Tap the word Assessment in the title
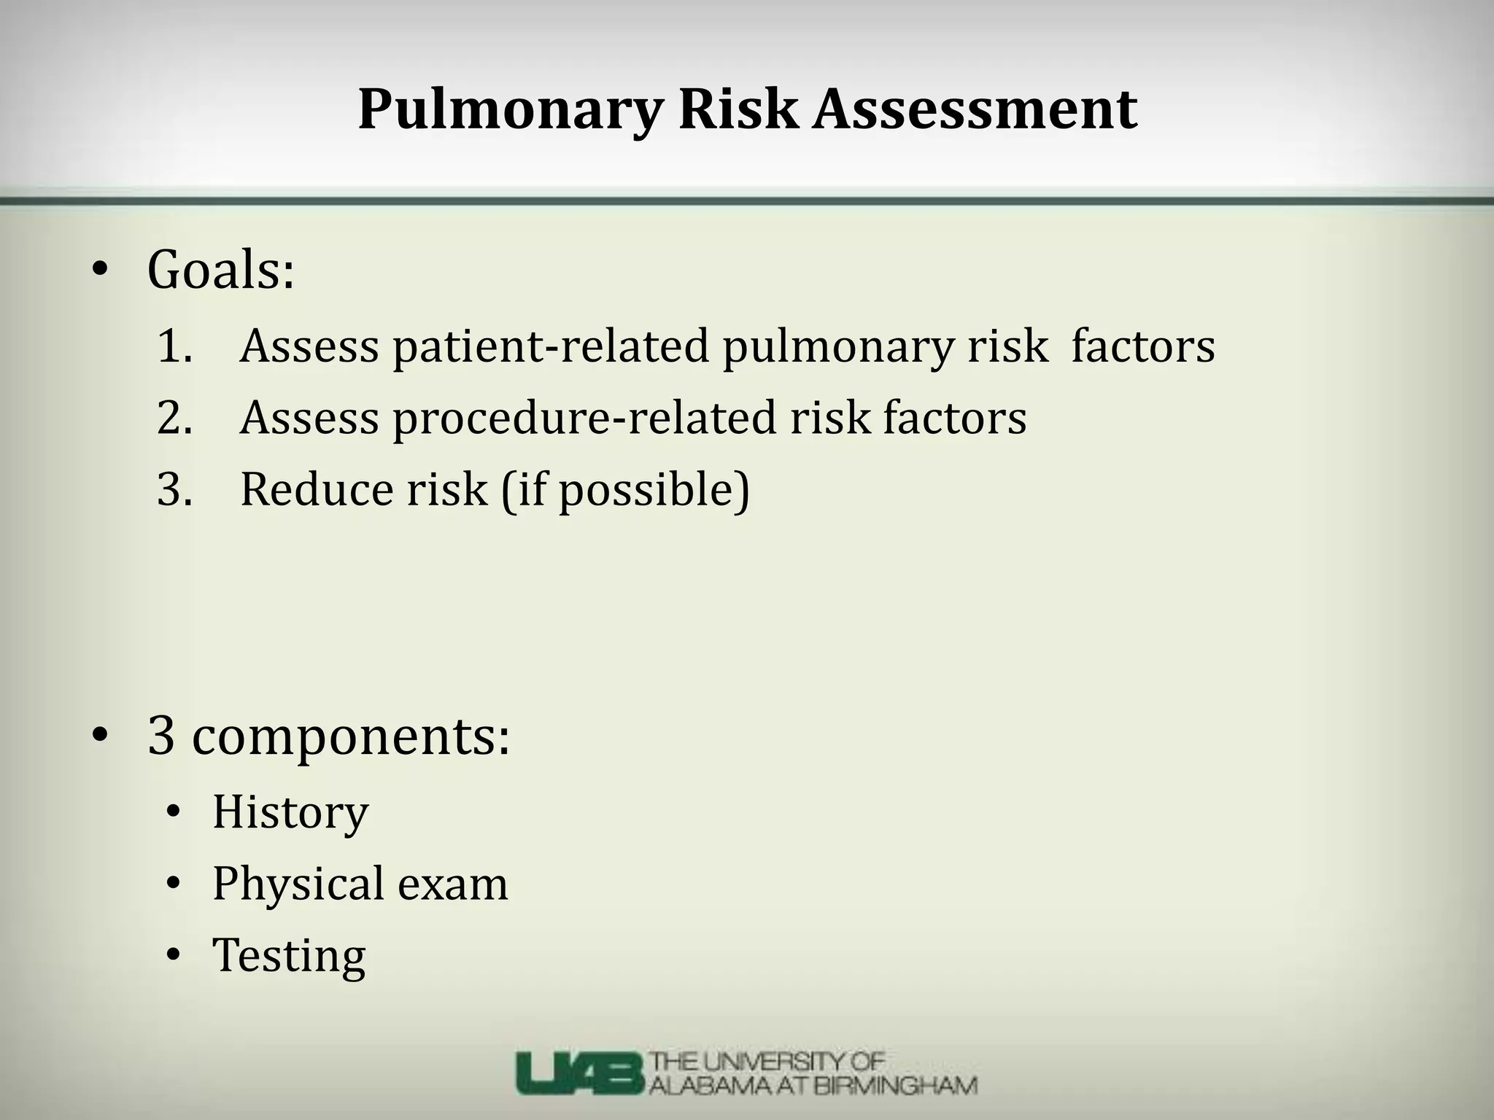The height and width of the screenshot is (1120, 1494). click(x=975, y=109)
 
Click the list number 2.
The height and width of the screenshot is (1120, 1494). click(x=174, y=418)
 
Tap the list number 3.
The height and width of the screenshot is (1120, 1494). click(x=174, y=489)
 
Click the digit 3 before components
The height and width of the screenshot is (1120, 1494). click(x=161, y=736)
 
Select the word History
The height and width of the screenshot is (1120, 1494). click(x=290, y=812)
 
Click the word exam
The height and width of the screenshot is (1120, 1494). click(x=452, y=884)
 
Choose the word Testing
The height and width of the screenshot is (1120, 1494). click(x=289, y=956)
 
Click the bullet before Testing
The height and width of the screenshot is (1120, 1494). click(x=173, y=954)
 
